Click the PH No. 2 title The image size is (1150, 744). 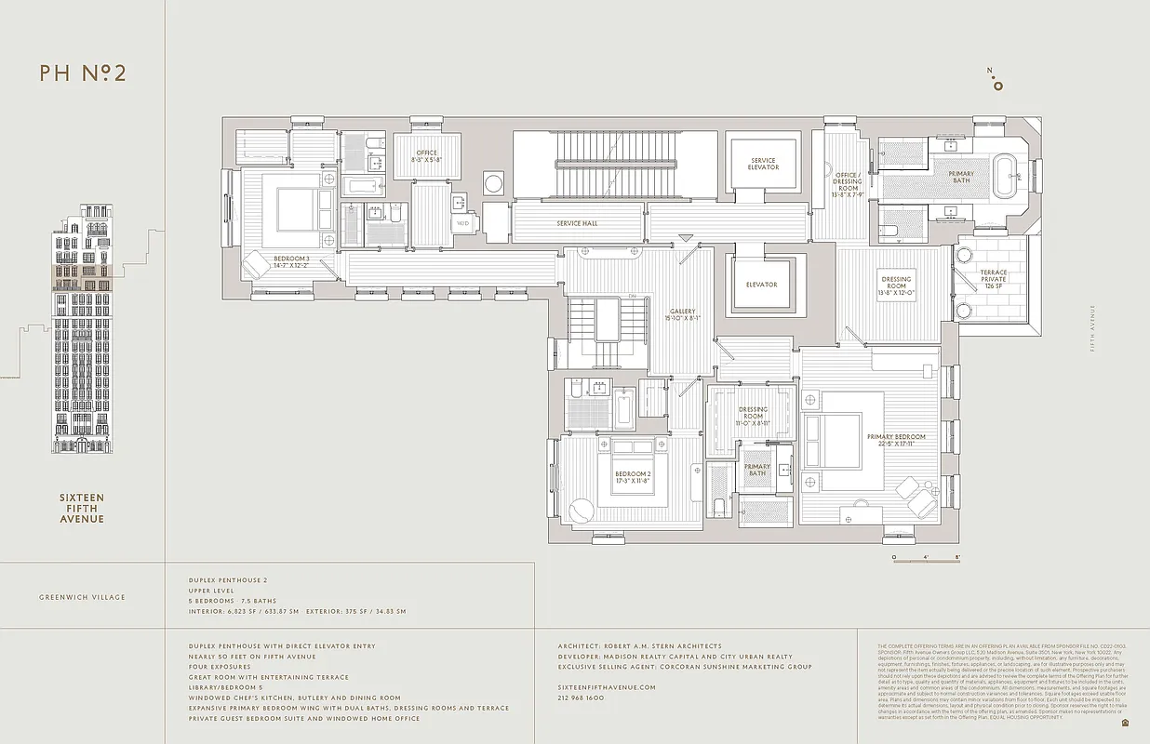(x=83, y=74)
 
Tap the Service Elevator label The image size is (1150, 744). (x=763, y=165)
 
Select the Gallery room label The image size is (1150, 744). (x=682, y=315)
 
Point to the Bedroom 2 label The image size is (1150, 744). (x=633, y=478)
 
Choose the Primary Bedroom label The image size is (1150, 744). (x=896, y=440)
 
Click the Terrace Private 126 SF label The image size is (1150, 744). (x=994, y=279)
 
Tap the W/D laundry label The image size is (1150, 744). (x=462, y=223)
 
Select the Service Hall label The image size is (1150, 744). (x=577, y=223)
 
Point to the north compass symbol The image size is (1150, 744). (x=997, y=81)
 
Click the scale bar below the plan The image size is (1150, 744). (x=926, y=558)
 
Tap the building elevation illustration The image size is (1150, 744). (x=82, y=330)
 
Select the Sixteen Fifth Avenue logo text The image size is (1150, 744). (x=82, y=508)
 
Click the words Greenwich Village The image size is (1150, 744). (x=82, y=597)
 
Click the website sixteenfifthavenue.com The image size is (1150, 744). (x=607, y=687)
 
